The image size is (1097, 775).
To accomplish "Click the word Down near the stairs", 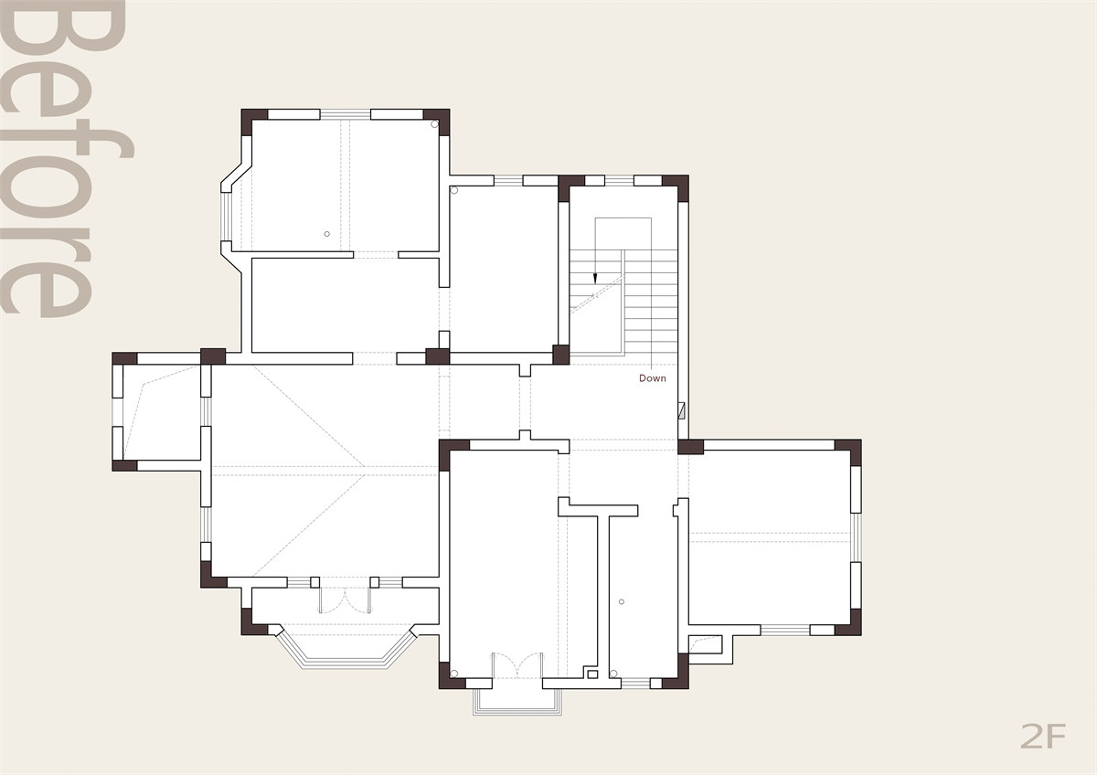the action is [653, 378].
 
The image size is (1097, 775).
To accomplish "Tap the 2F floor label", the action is [1043, 736].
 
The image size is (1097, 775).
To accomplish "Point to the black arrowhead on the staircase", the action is [595, 279].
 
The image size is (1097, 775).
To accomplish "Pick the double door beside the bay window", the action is [345, 600].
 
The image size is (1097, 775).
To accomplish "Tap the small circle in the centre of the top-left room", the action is [326, 234].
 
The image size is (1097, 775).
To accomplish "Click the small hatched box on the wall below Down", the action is [681, 410].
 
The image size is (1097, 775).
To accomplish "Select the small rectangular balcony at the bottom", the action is [517, 702].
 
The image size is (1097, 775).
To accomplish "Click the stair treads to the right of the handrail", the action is [651, 303].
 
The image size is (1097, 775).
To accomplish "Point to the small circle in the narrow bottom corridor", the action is [622, 601].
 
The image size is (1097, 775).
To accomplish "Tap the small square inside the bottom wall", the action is [592, 674].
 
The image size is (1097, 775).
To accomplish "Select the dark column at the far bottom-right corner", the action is [847, 622].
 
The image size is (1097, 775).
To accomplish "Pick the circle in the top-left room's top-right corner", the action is [434, 124].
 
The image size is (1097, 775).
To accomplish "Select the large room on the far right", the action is [769, 537].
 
